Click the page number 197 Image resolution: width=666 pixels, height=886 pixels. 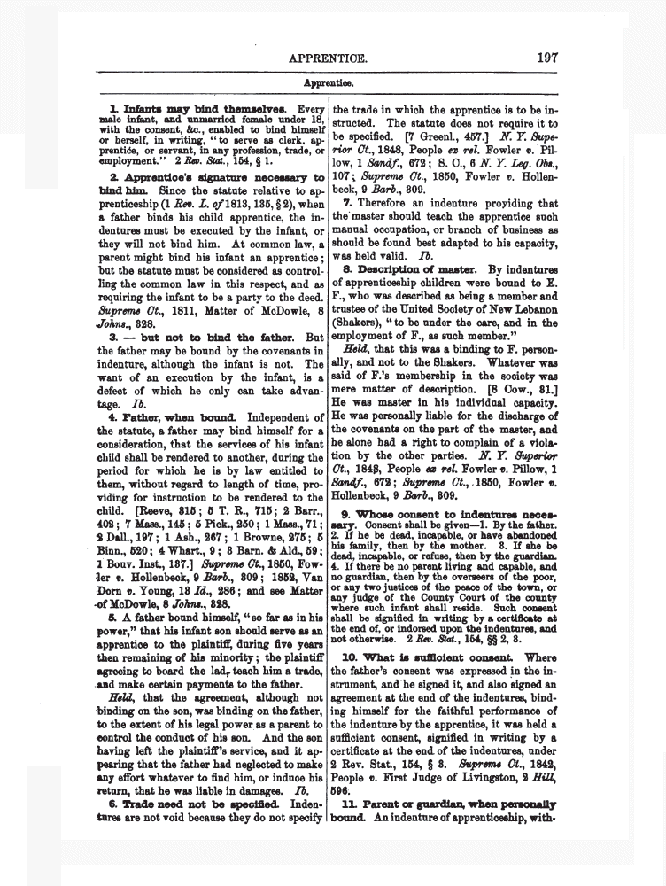(546, 59)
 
